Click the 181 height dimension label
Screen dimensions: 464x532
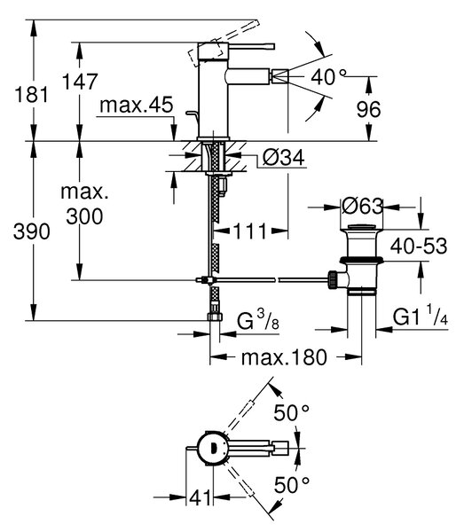coord(31,95)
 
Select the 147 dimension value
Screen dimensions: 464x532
coord(80,82)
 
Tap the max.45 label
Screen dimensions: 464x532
coord(137,106)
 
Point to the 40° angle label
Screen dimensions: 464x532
coord(329,76)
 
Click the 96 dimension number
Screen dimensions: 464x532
coord(368,109)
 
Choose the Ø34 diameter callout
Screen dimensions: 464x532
coord(284,158)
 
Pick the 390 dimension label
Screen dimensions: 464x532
coord(32,231)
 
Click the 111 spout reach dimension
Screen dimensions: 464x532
coord(250,231)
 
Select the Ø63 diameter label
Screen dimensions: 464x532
coord(362,206)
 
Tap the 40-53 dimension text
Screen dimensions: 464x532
coord(419,246)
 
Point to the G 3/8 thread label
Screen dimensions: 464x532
coord(258,320)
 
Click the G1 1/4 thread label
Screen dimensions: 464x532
coord(421,316)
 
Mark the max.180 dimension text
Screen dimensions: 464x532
coord(284,357)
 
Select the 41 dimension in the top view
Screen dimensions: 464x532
coord(200,498)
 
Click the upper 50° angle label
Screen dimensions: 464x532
coord(292,413)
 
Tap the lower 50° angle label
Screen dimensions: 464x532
coord(292,485)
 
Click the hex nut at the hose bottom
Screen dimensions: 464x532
coord(215,317)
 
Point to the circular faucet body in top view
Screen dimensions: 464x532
coord(213,448)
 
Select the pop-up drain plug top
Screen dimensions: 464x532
coord(362,227)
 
